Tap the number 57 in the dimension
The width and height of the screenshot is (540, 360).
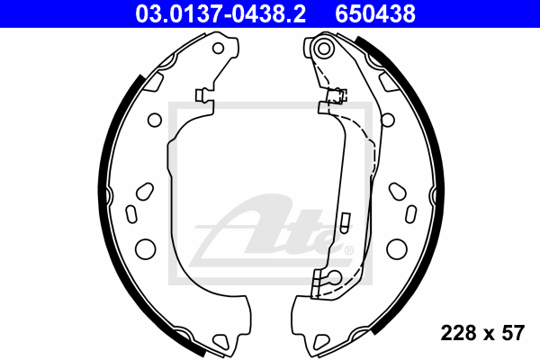pyautogui.click(x=513, y=333)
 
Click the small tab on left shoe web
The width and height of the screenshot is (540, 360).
pyautogui.click(x=202, y=94)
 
